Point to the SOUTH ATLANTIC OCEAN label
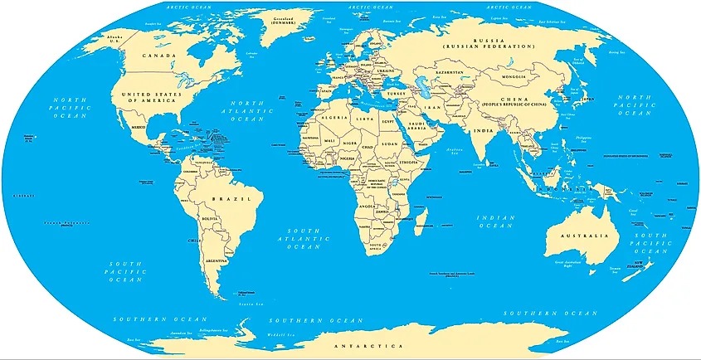point(304,237)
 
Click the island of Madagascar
point(420,221)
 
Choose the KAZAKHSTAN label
point(451,73)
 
